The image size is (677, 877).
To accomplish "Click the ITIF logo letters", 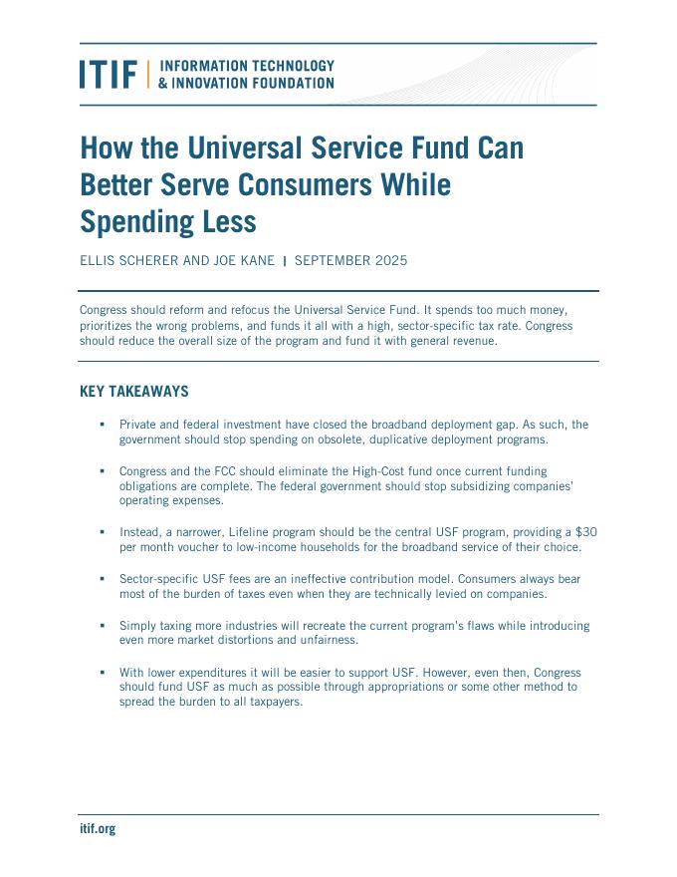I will pyautogui.click(x=109, y=74).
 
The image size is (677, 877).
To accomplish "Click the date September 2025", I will pyautogui.click(x=350, y=261).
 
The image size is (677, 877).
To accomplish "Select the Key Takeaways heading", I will pyautogui.click(x=133, y=392).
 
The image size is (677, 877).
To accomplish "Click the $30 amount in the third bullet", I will pyautogui.click(x=586, y=532).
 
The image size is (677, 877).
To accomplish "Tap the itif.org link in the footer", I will pyautogui.click(x=98, y=828).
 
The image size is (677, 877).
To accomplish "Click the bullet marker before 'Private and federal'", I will pyautogui.click(x=102, y=424).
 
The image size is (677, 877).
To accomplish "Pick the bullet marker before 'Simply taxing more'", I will pyautogui.click(x=102, y=625).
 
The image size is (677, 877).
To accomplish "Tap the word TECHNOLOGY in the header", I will pyautogui.click(x=289, y=66).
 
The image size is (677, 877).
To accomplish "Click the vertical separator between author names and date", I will pyautogui.click(x=285, y=261).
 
